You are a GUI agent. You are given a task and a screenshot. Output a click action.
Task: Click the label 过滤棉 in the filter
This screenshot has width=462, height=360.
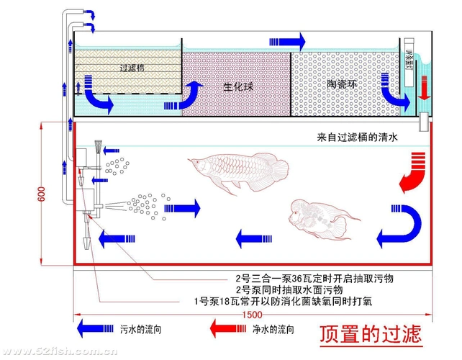point(133,68)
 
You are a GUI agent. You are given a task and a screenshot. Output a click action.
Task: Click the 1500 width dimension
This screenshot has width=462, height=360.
point(252,315)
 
